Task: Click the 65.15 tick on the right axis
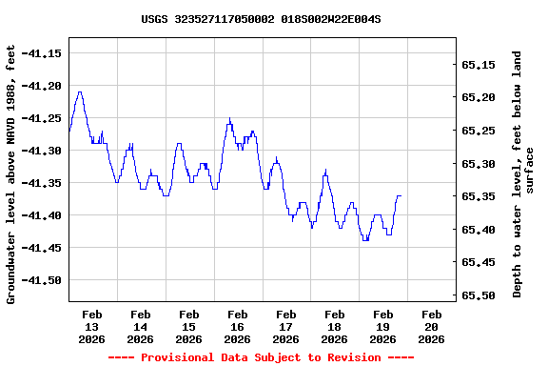(478, 65)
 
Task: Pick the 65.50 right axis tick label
(478, 295)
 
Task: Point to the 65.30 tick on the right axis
(478, 164)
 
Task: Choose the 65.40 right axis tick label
(478, 230)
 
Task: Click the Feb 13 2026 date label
(92, 326)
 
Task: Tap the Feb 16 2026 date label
(238, 326)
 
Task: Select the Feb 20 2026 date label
(431, 326)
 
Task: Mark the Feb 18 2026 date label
(334, 326)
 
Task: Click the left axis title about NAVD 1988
(11, 173)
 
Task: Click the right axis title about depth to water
(523, 173)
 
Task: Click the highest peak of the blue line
(80, 92)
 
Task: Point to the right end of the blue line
(401, 195)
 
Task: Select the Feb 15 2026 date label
(189, 326)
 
